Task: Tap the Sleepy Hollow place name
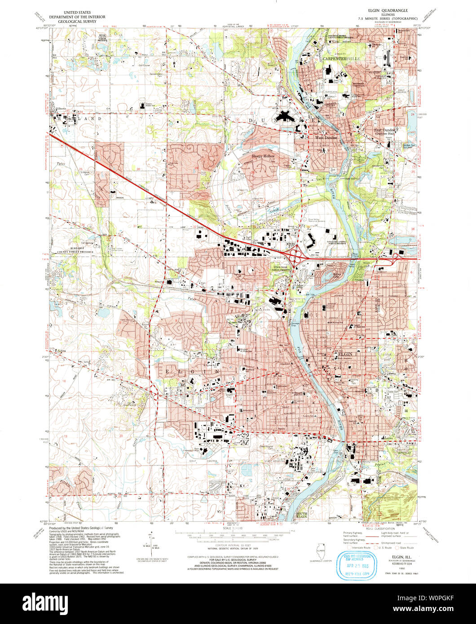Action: pos(262,156)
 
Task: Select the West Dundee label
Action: pos(326,138)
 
